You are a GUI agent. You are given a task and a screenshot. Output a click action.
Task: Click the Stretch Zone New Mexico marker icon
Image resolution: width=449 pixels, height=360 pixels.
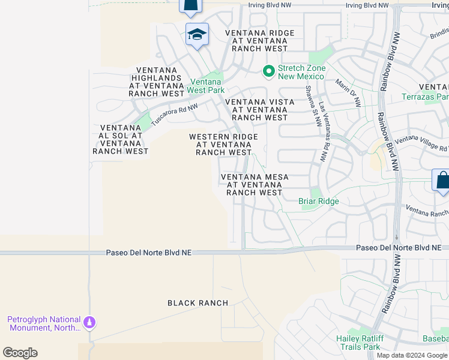269,72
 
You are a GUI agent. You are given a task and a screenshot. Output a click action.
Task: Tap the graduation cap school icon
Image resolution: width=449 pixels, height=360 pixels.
196,35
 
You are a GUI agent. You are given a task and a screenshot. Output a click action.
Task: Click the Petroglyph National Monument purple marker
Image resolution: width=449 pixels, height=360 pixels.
90,323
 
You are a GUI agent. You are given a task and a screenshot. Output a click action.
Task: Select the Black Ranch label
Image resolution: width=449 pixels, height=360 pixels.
198,303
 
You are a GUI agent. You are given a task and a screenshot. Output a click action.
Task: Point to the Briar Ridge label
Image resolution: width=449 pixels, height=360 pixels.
319,202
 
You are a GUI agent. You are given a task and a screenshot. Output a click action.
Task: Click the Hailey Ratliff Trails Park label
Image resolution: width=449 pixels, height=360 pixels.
359,343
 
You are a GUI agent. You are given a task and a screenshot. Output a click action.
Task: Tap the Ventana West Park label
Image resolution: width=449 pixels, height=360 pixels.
206,86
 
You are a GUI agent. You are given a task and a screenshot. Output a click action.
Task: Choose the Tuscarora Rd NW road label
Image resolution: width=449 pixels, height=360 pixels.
174,112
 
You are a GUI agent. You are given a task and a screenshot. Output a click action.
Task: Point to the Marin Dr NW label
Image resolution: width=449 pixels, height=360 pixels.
348,92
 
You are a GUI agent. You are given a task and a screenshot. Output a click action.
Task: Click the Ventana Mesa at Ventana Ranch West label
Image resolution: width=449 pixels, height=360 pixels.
255,185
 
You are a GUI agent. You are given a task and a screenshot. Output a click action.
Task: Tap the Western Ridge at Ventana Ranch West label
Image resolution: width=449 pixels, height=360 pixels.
223,145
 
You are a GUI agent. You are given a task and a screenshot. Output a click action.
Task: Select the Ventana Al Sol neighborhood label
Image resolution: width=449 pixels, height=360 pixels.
121,139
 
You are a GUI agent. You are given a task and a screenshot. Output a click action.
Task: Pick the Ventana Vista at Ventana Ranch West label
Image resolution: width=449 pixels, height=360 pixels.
259,110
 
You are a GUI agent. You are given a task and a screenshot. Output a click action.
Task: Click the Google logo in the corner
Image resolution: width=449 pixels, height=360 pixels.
20,353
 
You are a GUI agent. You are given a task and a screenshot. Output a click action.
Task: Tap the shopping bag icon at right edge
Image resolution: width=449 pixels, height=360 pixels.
442,180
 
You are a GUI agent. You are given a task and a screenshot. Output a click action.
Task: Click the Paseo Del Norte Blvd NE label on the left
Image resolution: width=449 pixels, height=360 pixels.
148,253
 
